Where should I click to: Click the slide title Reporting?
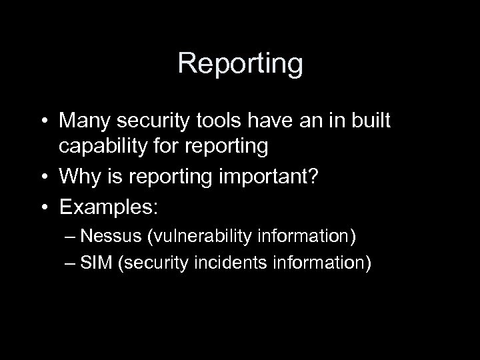tap(240, 64)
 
